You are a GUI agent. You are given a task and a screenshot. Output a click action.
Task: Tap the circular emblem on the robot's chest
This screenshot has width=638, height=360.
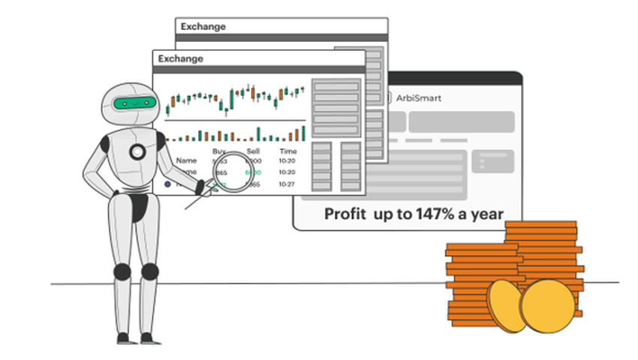[x=137, y=152]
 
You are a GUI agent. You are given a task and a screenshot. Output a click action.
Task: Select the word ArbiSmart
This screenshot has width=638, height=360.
[x=418, y=97]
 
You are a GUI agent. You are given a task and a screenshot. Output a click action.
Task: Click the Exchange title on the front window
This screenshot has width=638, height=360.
[x=180, y=58]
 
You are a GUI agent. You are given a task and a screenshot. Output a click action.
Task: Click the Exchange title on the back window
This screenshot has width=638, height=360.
[x=203, y=27]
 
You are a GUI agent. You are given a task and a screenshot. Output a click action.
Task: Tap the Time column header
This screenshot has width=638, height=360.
[x=288, y=151]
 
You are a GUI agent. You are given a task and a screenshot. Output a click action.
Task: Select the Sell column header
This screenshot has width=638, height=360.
[x=254, y=151]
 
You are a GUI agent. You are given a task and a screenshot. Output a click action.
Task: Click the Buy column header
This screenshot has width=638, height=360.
[x=219, y=151]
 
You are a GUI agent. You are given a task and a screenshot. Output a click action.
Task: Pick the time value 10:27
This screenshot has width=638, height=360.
[x=288, y=184]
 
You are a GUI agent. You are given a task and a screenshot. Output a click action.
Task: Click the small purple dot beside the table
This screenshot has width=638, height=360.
[x=167, y=184]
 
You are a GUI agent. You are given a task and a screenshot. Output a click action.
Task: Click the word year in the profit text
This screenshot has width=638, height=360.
[x=487, y=214]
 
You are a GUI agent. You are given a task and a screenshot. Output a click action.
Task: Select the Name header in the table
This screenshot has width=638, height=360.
[x=185, y=160]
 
